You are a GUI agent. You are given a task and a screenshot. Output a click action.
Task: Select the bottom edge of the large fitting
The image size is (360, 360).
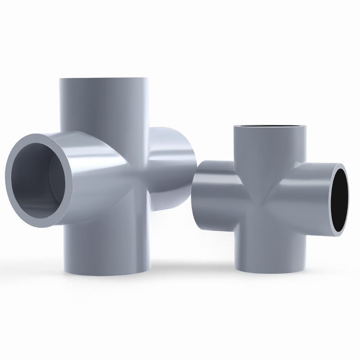108,273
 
